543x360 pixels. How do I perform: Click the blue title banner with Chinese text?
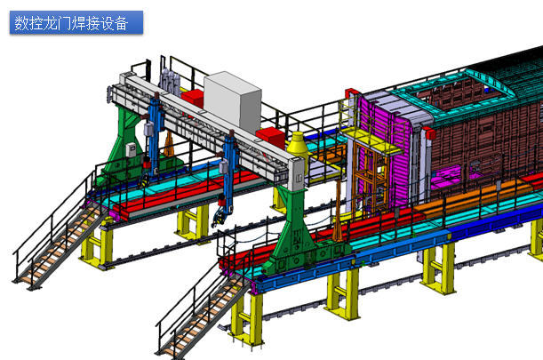[76, 22]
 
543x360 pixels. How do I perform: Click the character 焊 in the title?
[86, 23]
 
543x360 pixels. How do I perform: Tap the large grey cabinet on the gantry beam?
[232, 101]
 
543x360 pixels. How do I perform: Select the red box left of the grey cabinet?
[193, 98]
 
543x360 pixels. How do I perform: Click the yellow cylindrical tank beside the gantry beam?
[298, 147]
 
